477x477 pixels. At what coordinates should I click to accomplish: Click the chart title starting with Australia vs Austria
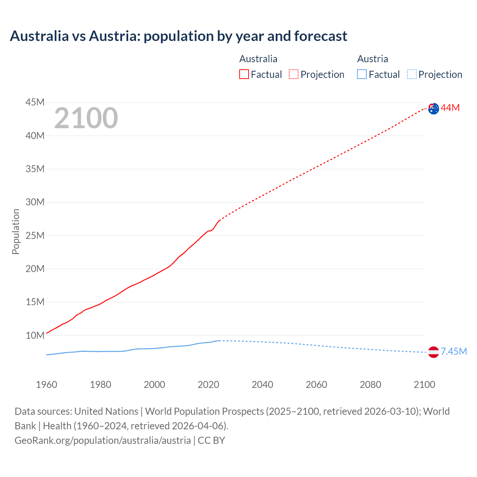coord(179,36)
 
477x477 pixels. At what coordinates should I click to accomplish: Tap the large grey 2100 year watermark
coord(86,118)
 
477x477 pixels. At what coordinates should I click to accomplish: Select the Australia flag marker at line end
coord(433,109)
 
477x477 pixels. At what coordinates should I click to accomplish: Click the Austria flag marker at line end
coord(433,352)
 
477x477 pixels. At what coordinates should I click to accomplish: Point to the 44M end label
coord(450,108)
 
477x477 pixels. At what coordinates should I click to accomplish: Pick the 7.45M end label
coord(454,352)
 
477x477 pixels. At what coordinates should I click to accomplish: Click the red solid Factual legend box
coord(244,75)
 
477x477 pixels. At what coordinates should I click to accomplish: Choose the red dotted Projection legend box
coord(294,75)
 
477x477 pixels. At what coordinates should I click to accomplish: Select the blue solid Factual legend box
coord(362,75)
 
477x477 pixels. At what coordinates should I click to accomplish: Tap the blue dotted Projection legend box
coord(411,75)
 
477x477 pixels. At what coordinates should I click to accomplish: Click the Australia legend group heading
coord(258,59)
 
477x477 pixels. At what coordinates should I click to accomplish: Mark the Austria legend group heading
coord(373,59)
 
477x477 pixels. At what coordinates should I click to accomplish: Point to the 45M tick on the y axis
coord(35,102)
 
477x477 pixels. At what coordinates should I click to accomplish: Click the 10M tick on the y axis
coord(35,335)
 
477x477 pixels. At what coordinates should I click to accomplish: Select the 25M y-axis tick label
coord(35,236)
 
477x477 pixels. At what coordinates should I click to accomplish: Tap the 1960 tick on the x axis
coord(47,385)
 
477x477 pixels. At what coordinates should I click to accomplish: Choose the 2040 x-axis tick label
coord(262,385)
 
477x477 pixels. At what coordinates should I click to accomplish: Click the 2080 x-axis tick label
coord(370,385)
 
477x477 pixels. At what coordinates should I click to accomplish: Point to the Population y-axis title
coord(16,231)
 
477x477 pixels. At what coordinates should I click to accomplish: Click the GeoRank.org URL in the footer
coord(103,440)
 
